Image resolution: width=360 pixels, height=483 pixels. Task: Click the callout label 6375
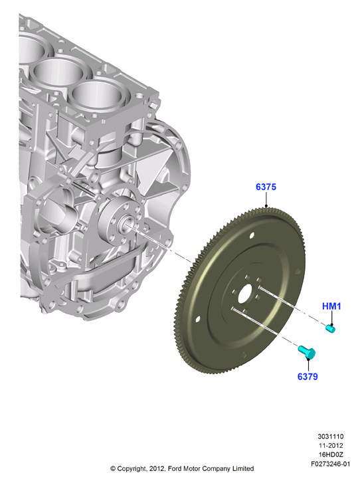[x=266, y=187]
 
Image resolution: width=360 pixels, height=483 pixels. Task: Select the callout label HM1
[x=331, y=306]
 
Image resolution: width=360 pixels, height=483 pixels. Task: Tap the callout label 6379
[x=308, y=377]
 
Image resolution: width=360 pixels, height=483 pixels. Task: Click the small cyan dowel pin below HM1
[x=330, y=329]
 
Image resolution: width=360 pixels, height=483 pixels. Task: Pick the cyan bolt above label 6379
[x=307, y=352]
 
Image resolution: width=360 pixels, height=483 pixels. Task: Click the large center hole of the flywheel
[x=246, y=294]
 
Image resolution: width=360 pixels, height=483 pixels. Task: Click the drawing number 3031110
[x=330, y=436]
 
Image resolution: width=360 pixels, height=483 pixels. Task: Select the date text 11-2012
[x=330, y=445]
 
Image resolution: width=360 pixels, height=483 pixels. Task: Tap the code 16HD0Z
[x=330, y=454]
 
